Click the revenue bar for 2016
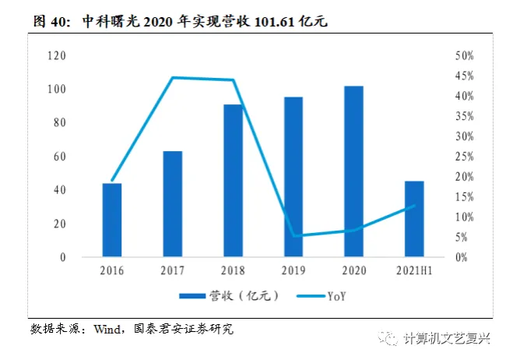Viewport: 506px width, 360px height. coord(112,220)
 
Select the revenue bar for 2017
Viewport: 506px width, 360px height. coord(173,203)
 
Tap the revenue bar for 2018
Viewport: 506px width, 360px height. coord(233,180)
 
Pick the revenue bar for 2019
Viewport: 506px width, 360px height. coord(293,177)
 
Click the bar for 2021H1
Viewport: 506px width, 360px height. coord(414,219)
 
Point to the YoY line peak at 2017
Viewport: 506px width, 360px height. coord(173,77)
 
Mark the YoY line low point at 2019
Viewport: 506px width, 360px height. coord(293,235)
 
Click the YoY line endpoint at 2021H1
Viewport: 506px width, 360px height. coord(414,206)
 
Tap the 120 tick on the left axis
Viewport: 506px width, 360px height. coord(56,56)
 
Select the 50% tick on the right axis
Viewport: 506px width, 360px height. coord(464,56)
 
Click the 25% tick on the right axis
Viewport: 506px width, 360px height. coord(464,157)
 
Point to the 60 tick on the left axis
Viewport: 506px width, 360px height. coord(59,157)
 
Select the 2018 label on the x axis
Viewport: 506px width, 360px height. coord(233,271)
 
